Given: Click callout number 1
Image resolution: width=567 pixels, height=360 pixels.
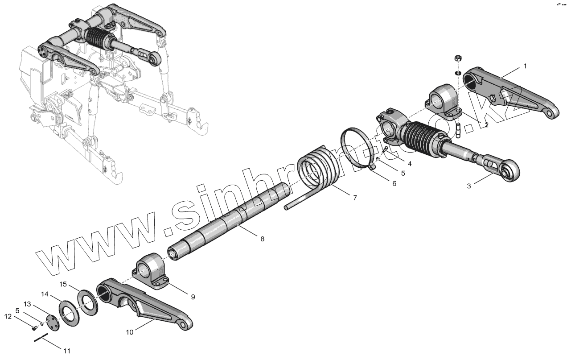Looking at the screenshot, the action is click(525, 66).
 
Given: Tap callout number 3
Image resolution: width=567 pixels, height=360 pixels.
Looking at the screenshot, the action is click(468, 186).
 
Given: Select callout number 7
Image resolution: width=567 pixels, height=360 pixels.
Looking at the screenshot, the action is click(355, 198).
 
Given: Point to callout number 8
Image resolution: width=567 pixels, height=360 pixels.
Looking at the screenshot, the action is click(262, 239).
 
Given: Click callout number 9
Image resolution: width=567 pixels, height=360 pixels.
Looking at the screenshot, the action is click(193, 296).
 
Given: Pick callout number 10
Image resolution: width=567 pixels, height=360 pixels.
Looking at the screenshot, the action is click(129, 332).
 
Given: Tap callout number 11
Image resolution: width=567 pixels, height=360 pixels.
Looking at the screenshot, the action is click(66, 351).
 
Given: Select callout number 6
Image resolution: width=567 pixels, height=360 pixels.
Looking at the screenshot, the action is click(394, 183).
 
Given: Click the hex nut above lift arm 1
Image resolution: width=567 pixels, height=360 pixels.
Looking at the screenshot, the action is click(458, 58).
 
